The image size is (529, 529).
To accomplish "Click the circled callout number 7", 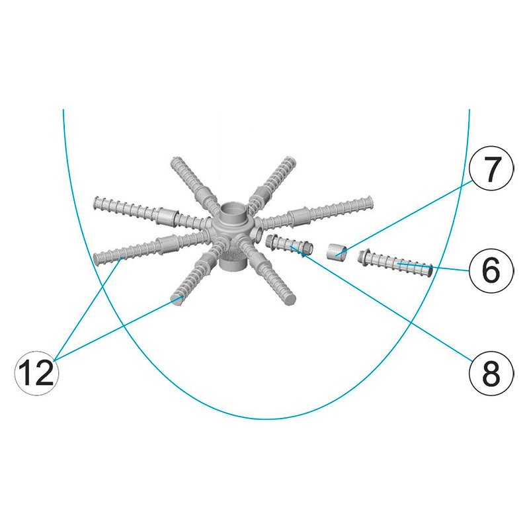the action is pyautogui.click(x=491, y=168).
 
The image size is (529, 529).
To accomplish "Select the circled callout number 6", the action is pyautogui.click(x=491, y=270).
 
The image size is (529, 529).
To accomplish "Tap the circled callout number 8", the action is pyautogui.click(x=491, y=373).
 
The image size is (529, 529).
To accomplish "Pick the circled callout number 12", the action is pyautogui.click(x=37, y=373).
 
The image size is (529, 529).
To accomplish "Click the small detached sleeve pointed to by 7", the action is pyautogui.click(x=337, y=251).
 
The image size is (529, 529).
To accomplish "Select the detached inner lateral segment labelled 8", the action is pyautogui.click(x=290, y=245).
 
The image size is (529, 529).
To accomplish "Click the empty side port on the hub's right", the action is pyautogui.click(x=260, y=232).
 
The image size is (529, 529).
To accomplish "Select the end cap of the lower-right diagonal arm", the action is pyautogui.click(x=290, y=300).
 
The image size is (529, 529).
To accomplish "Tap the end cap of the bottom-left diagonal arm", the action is pyautogui.click(x=176, y=300).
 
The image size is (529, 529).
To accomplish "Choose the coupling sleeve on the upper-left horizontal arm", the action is pyautogui.click(x=167, y=216).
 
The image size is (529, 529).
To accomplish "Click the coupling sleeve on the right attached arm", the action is pyautogui.click(x=299, y=216).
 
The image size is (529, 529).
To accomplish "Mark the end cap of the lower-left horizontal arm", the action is pyautogui.click(x=97, y=259).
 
